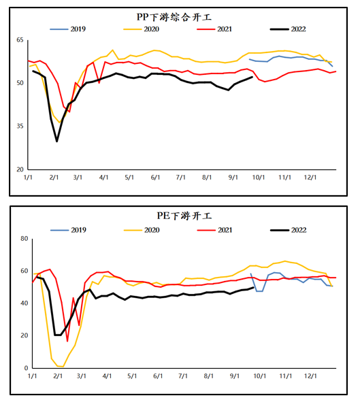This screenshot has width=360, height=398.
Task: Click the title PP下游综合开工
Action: point(174,17)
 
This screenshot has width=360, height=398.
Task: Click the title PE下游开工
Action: point(184,216)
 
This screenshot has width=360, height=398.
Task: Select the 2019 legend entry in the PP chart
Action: point(68,29)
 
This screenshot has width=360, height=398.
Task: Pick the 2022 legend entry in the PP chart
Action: point(288,29)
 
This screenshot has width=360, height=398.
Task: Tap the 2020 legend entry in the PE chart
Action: point(142,230)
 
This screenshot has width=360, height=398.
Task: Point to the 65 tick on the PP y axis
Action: point(20,40)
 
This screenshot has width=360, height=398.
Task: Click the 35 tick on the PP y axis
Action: point(20,126)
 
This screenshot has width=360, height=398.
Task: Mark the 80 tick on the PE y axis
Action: point(24,239)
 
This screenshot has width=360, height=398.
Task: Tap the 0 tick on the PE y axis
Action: point(26,368)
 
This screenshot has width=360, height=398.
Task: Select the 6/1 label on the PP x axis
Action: point(155,177)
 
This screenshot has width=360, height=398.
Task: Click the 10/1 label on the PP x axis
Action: point(259,177)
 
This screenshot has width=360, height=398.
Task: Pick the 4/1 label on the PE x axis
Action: point(107,376)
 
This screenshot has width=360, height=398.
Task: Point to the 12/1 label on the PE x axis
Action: point(310,376)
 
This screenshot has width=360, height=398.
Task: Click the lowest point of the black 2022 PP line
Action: point(57,142)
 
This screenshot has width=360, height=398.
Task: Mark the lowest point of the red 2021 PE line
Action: point(67,342)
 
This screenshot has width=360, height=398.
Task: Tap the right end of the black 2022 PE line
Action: point(254,287)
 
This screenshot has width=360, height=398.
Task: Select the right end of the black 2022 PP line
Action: point(252,77)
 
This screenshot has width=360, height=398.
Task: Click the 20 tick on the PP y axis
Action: point(20,169)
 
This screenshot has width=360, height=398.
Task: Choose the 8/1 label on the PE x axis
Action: point(209,376)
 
